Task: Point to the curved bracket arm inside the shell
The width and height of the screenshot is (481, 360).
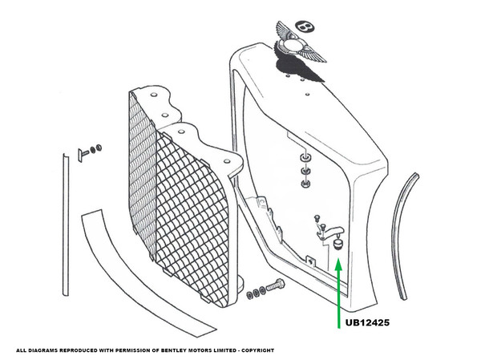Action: (x=327, y=231)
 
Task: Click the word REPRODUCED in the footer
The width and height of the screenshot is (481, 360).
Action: (x=78, y=350)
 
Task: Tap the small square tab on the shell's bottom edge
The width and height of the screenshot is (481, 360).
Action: (x=310, y=258)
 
